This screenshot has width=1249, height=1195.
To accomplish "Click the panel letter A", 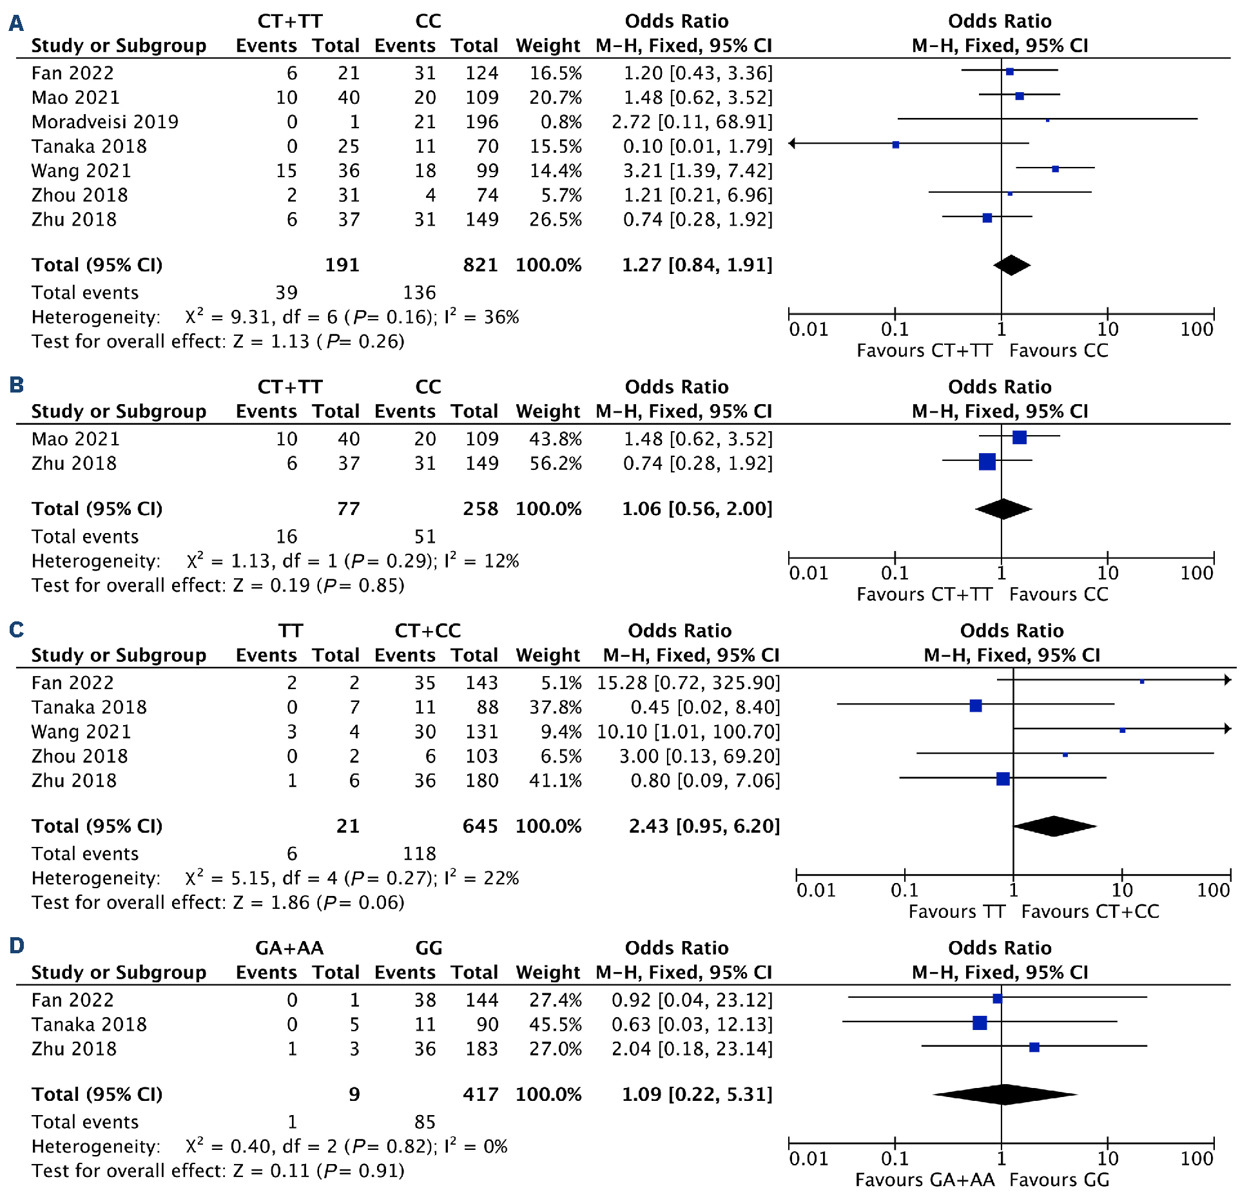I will tap(16, 24).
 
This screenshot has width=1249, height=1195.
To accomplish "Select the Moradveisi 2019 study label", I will tap(105, 122).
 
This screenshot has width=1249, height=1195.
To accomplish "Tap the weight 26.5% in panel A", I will tap(556, 220).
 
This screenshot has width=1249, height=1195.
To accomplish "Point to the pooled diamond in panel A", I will tap(1012, 265).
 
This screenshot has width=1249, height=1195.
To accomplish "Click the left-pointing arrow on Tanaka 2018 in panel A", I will tap(793, 144).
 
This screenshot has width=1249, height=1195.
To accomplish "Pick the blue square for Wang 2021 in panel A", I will tap(1055, 169).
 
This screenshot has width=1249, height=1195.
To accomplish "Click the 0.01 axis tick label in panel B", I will tap(809, 573).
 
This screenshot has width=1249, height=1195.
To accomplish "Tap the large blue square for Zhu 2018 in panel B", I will tap(987, 461).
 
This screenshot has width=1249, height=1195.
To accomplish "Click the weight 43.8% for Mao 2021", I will tap(556, 439).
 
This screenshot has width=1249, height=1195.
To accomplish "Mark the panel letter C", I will tap(16, 629).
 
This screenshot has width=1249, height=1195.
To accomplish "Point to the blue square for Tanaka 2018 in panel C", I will tap(976, 706).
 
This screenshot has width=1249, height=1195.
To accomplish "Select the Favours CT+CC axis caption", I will tap(1090, 911).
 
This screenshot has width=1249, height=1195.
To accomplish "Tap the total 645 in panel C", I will tap(480, 826).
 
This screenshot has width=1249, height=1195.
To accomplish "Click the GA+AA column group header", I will tap(289, 948).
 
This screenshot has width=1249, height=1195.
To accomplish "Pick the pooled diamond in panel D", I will tap(1004, 1094).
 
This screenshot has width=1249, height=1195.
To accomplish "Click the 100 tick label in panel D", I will tap(1197, 1159).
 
